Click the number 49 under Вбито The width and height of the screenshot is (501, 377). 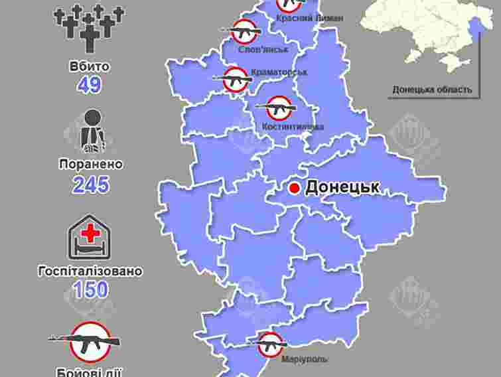[89, 86]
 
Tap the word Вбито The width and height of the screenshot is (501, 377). [89, 67]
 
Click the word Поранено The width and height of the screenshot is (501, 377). [90, 164]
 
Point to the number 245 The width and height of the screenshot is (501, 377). [91, 185]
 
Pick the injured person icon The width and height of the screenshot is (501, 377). [91, 131]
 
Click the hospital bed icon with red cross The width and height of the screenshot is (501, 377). [90, 237]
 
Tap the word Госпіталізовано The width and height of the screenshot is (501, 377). [91, 271]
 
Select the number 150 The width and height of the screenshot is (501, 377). [91, 290]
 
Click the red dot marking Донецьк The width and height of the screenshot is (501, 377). [295, 188]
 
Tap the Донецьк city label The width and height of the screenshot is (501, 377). [342, 187]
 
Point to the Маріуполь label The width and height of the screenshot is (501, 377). [303, 359]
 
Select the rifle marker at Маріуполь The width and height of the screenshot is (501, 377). [270, 344]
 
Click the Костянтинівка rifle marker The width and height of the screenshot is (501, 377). [279, 108]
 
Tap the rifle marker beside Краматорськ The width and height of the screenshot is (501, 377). [236, 79]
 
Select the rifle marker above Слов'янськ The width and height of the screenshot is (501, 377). [245, 31]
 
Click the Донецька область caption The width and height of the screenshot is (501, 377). [432, 89]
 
